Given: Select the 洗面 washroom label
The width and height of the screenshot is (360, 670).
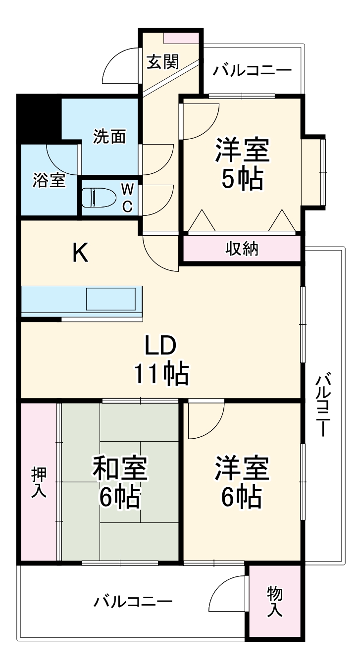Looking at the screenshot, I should pos(109,136).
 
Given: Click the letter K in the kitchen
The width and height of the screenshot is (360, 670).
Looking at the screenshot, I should pos(80,254).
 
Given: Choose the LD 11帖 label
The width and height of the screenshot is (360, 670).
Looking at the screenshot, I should pos(160,360).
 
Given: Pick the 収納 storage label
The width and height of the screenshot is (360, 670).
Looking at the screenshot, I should pos(242,249).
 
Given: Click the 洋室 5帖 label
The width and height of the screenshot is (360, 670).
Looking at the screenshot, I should pos(242,164).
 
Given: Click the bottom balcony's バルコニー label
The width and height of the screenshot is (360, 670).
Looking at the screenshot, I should pos(133,602).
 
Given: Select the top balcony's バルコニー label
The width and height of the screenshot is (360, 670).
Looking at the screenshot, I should pos(252,71).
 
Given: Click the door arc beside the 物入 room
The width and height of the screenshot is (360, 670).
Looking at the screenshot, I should pos(227,594).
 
